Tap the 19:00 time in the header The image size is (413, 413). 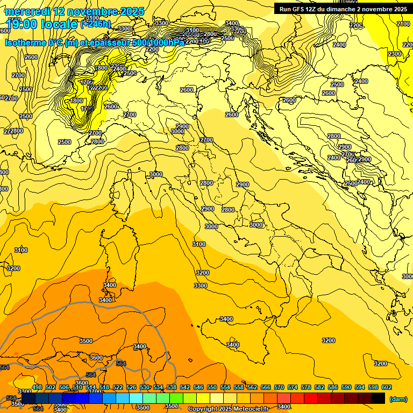point(20,24)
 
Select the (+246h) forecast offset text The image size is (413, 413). point(96,24)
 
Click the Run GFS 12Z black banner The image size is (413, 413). point(343,9)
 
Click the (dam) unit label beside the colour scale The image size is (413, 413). point(398,398)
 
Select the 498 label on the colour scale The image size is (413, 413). point(37,387)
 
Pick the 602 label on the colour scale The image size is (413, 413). point(387,387)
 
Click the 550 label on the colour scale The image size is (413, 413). point(212,387)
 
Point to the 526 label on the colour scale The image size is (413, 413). point(131,387)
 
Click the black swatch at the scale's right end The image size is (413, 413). point(378,398)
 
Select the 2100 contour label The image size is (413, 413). point(403,24)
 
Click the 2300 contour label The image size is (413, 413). point(394,54)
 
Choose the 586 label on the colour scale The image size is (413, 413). point(333,387)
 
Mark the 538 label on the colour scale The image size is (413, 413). point(172,387)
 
